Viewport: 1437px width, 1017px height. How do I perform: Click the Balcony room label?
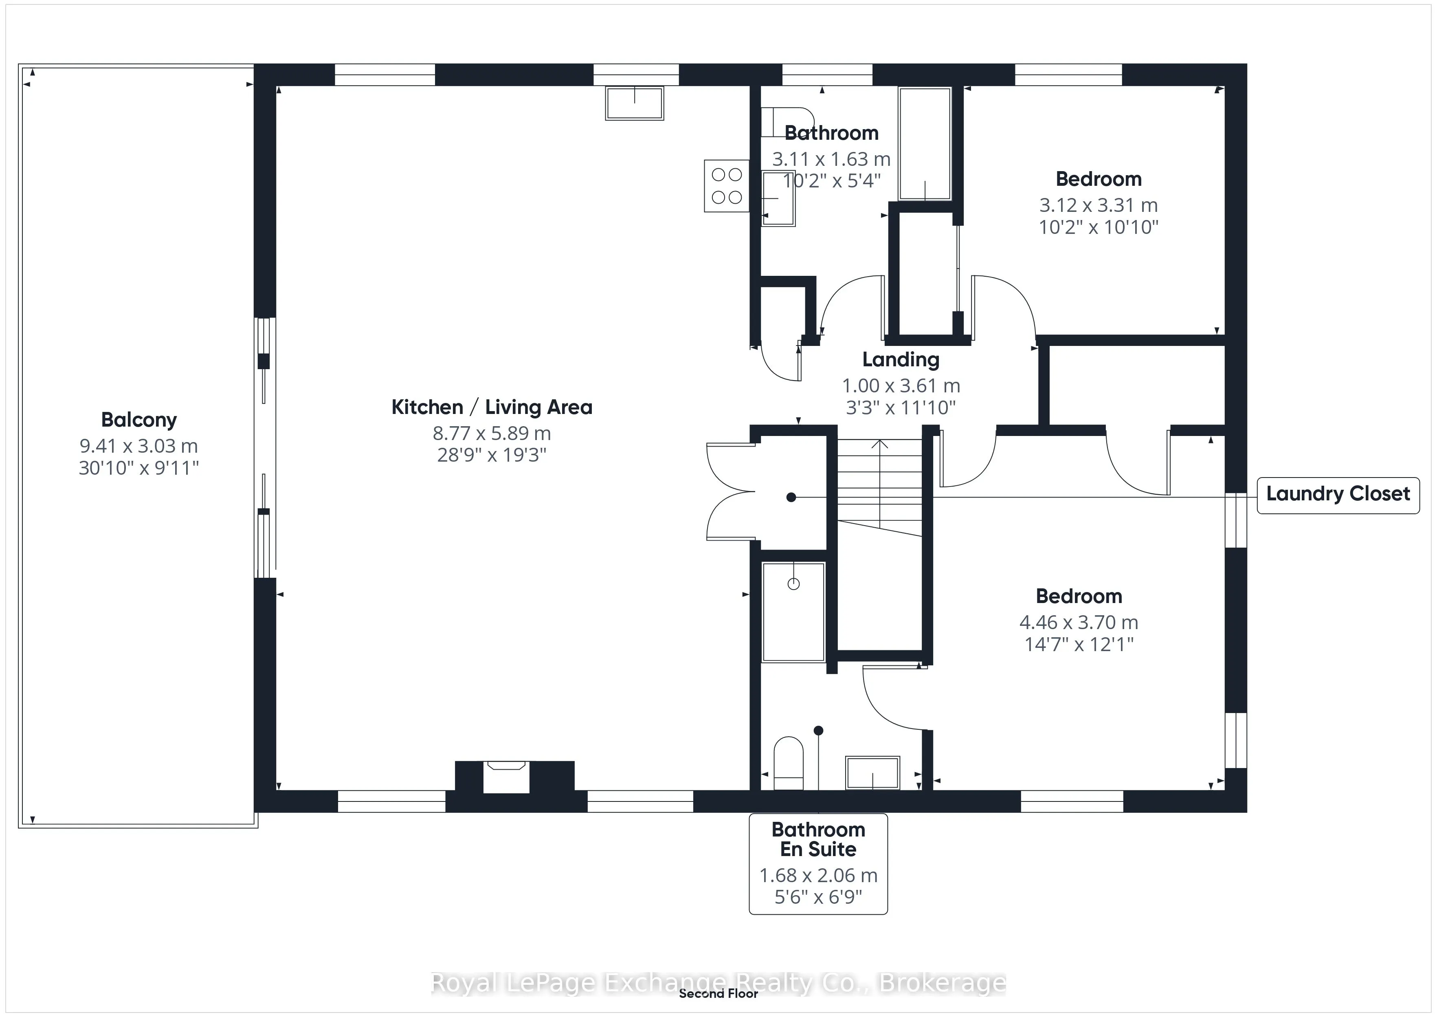[x=139, y=420]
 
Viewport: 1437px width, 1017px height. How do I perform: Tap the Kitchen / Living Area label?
[x=492, y=407]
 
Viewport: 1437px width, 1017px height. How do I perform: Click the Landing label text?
[x=901, y=359]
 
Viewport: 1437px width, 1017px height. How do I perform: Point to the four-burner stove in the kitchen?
[x=727, y=186]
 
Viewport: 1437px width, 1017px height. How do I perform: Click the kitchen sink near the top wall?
[x=635, y=103]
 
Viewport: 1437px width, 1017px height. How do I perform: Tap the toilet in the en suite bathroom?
[x=789, y=763]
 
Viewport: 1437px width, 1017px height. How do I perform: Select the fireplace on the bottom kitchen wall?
[x=506, y=777]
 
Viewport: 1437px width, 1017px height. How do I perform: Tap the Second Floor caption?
[x=718, y=993]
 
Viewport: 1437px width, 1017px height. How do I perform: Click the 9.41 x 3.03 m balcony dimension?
[x=139, y=446]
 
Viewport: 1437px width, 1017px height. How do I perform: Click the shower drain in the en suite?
[x=793, y=584]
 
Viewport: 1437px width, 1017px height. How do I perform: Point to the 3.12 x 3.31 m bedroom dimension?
[x=1099, y=205]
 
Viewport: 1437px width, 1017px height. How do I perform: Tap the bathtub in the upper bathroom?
[x=925, y=144]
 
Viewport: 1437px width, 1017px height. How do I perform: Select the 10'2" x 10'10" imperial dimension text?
[x=1099, y=227]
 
